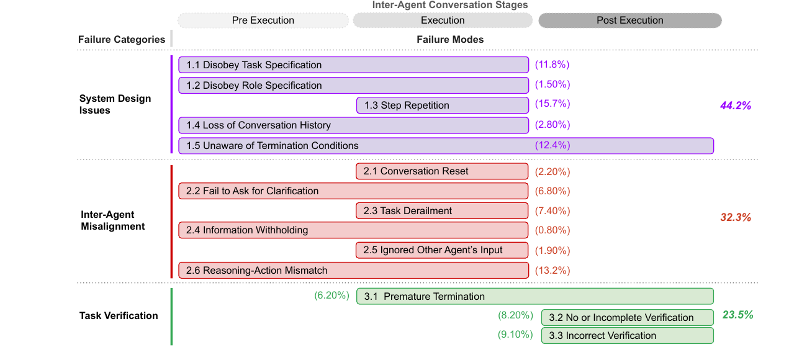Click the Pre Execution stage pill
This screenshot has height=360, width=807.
click(x=263, y=20)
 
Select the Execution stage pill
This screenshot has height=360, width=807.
click(x=443, y=20)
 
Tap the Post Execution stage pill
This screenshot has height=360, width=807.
click(x=629, y=20)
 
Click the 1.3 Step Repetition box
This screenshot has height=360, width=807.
click(x=443, y=106)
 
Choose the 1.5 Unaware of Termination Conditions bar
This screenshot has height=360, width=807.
click(x=446, y=146)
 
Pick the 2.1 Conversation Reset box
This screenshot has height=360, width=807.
click(x=442, y=171)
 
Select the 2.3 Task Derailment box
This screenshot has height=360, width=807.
click(x=442, y=211)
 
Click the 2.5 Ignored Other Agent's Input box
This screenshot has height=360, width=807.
click(x=442, y=250)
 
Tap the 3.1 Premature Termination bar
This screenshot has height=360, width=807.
click(x=535, y=296)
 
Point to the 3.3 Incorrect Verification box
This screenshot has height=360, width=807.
click(x=627, y=336)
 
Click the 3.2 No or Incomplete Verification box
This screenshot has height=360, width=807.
click(x=627, y=317)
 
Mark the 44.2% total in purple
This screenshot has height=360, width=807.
click(x=736, y=106)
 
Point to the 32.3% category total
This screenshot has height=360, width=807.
click(x=736, y=217)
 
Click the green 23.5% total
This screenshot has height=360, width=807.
click(x=738, y=315)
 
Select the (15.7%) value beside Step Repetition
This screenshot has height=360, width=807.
click(x=552, y=104)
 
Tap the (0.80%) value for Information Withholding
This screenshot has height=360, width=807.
click(x=552, y=230)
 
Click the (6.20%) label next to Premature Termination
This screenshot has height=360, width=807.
click(x=332, y=295)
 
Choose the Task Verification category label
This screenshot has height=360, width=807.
click(x=119, y=316)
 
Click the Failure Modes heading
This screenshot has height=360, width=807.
click(x=450, y=39)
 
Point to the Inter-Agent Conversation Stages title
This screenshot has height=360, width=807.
click(x=450, y=5)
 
